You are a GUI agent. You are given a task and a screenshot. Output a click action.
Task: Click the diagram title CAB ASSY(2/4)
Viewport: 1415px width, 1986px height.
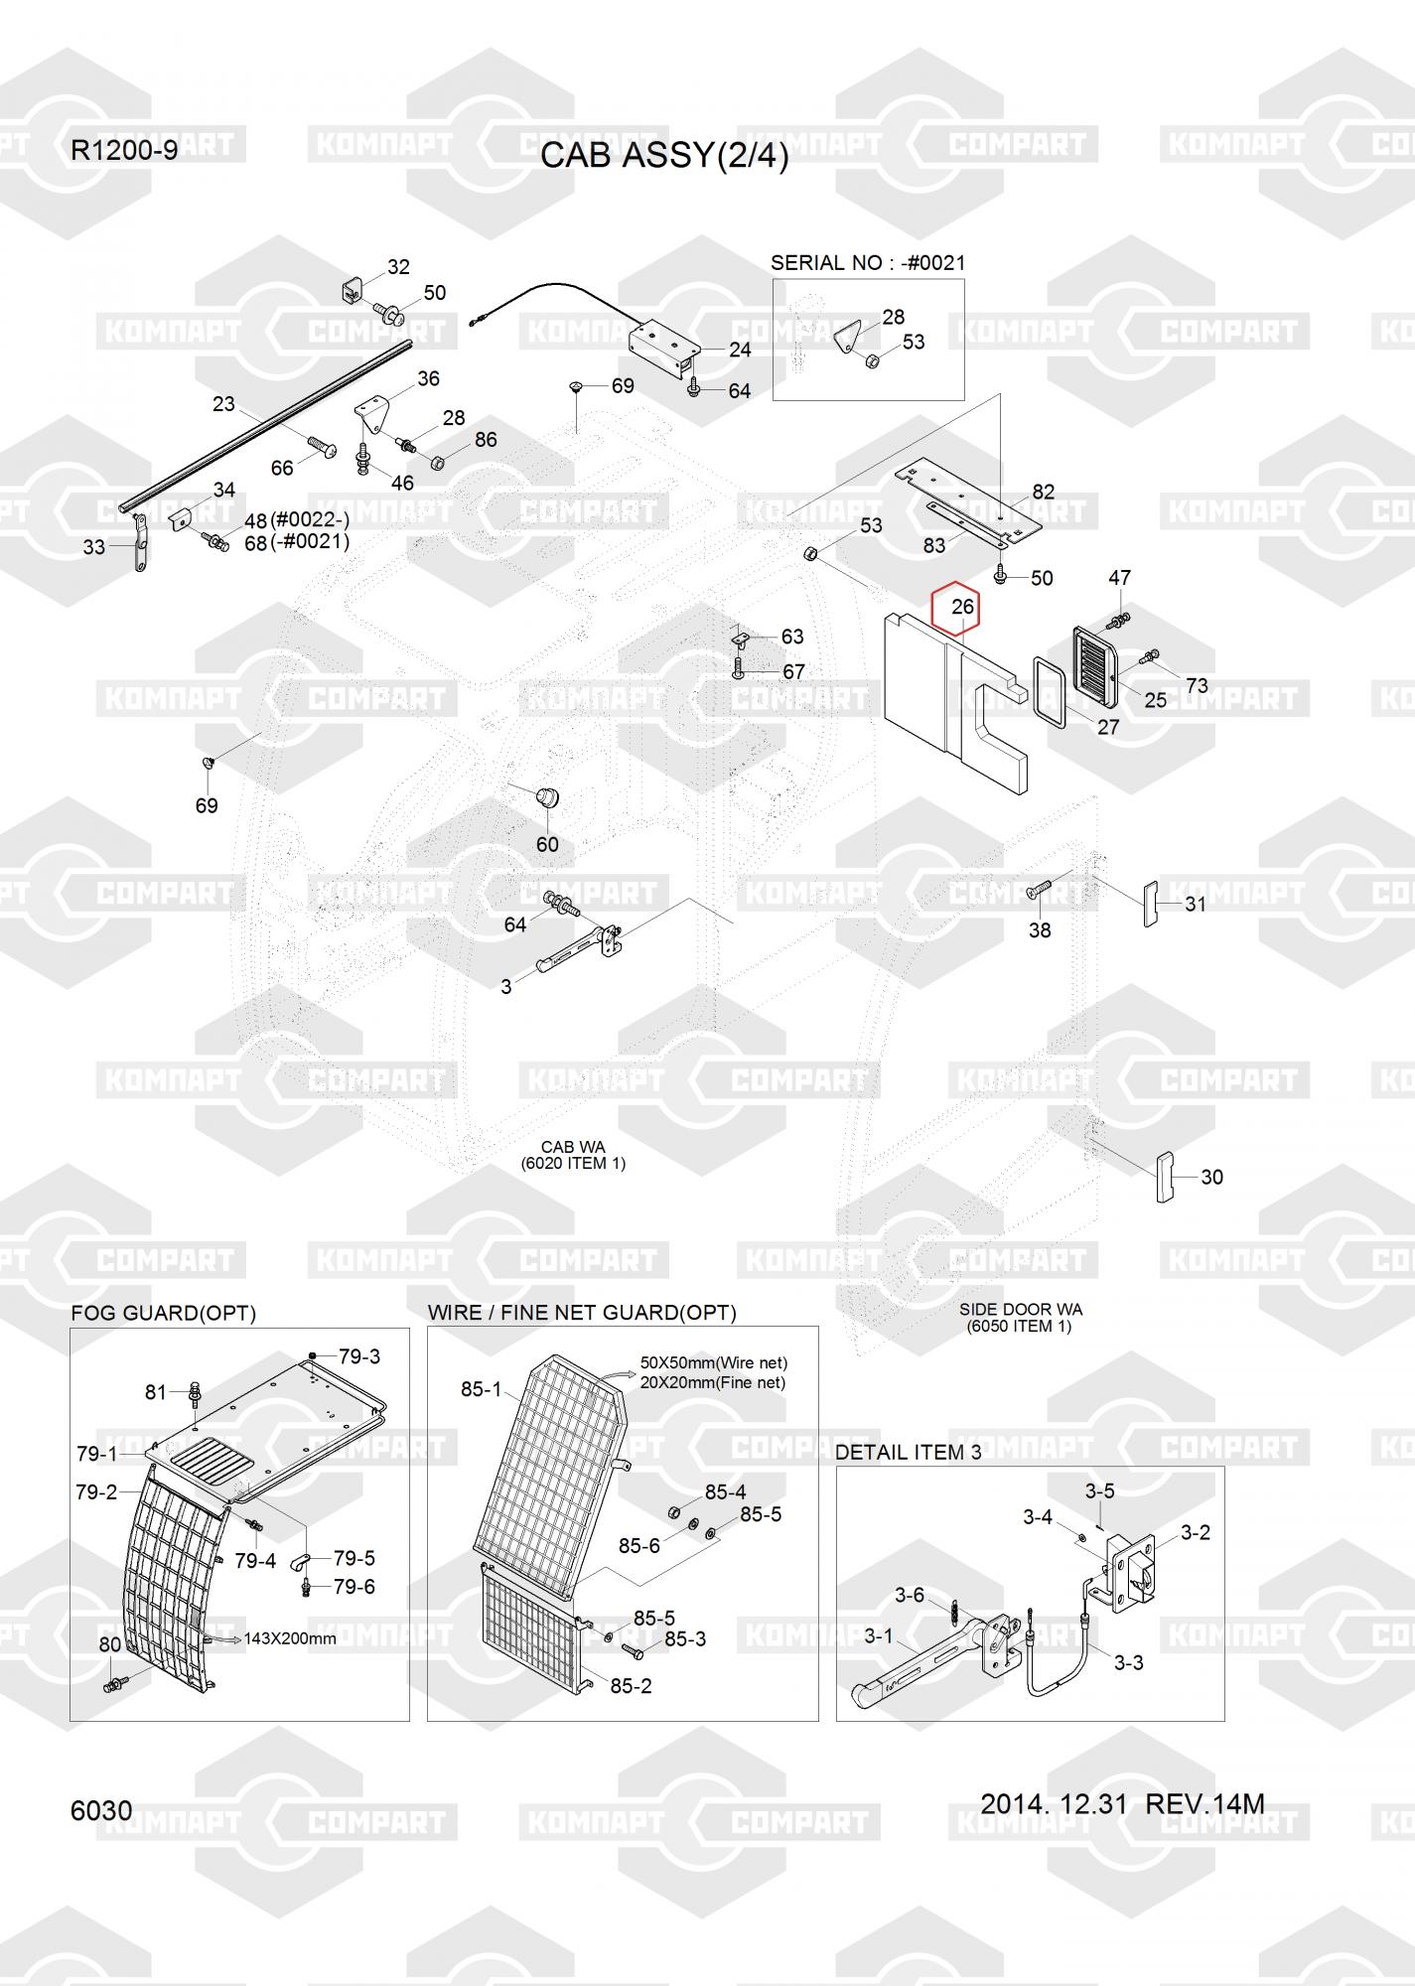click(664, 156)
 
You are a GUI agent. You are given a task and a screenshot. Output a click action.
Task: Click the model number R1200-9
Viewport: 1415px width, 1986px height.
click(124, 151)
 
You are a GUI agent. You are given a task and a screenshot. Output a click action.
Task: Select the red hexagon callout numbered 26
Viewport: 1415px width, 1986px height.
click(955, 607)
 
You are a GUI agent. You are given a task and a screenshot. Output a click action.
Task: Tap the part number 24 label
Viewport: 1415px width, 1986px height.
click(740, 350)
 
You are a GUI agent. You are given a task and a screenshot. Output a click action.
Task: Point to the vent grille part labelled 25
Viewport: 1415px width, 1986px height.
click(1096, 663)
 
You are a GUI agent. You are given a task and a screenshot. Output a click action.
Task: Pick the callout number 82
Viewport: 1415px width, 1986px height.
click(1044, 492)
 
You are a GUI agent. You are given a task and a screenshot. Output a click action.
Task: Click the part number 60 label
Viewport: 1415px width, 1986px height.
click(547, 844)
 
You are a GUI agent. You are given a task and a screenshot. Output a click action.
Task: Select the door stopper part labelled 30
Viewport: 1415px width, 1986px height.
click(1165, 1177)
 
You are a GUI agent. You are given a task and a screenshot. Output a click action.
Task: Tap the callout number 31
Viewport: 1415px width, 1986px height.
click(1196, 904)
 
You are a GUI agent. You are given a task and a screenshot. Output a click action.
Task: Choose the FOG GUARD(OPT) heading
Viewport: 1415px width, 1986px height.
click(163, 1313)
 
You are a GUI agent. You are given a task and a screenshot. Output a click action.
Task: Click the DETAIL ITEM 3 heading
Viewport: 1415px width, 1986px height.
click(908, 1452)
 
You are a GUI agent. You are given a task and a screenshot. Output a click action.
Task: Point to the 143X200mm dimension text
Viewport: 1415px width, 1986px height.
click(290, 1638)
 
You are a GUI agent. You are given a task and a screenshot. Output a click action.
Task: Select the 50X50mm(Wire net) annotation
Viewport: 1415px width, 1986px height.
click(713, 1362)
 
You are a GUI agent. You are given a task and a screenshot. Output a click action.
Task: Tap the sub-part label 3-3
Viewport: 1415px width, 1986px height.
click(1129, 1662)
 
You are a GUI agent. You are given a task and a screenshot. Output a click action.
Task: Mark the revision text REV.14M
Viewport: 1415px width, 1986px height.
click(1205, 1803)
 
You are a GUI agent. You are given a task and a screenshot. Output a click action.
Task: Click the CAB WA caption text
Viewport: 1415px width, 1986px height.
click(573, 1147)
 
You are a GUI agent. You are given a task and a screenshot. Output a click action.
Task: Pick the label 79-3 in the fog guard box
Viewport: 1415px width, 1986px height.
click(359, 1356)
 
